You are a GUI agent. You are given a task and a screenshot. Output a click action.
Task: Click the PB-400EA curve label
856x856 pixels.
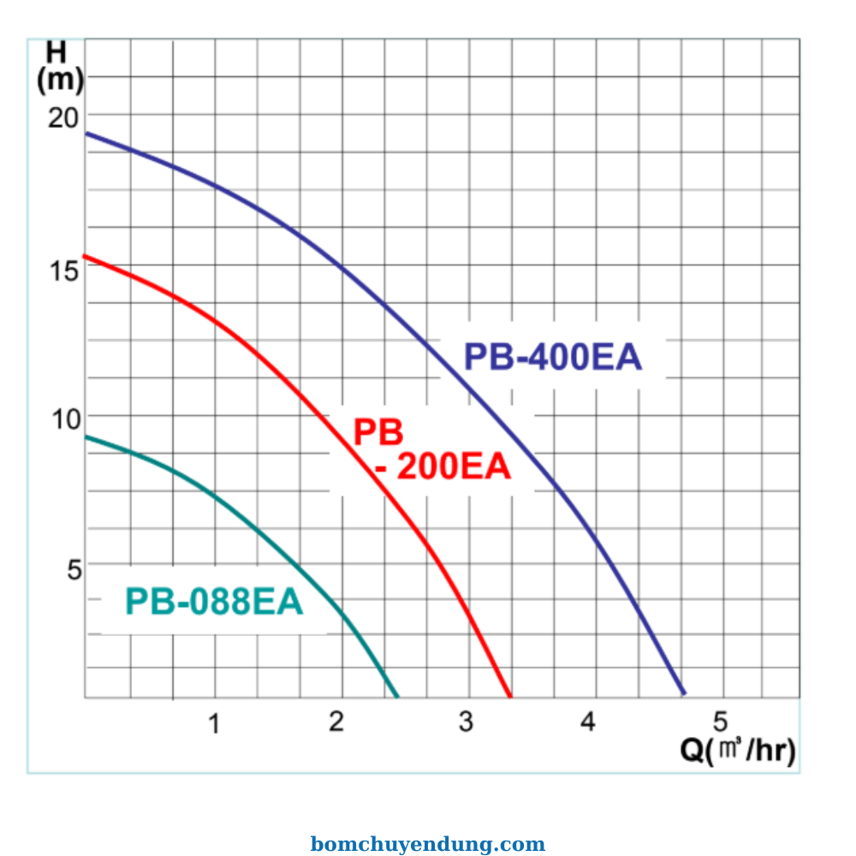point(552,357)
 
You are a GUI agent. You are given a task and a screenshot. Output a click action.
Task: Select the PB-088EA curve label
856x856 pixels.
point(214,602)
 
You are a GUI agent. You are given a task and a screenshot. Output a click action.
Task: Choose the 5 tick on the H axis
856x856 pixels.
point(74,568)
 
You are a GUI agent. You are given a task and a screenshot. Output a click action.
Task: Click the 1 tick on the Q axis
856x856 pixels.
point(214,723)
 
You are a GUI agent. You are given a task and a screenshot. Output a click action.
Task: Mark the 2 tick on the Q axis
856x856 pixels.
point(337,722)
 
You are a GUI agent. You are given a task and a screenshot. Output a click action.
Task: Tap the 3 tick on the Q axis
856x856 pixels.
point(465,722)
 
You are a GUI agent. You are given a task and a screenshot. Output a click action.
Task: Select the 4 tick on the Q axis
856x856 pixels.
point(588,722)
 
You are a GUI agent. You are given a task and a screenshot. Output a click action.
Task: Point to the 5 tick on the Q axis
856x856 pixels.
point(720,719)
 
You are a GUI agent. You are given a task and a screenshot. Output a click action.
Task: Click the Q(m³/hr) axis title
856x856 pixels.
point(738,751)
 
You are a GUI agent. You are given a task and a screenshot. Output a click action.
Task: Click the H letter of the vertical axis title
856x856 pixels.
point(56,52)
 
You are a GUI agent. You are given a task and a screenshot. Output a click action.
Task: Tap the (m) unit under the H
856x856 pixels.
point(60,80)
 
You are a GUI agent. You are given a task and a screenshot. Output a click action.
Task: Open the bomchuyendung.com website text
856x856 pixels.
point(427,845)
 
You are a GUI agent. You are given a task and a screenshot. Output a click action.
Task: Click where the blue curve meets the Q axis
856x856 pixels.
point(683,693)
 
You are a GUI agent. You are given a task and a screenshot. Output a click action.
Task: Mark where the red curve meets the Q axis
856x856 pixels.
point(510,696)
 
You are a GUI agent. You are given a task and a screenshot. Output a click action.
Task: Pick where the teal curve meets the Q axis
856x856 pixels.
point(398,696)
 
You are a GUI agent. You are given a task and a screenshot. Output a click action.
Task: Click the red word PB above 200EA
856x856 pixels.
point(378,433)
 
